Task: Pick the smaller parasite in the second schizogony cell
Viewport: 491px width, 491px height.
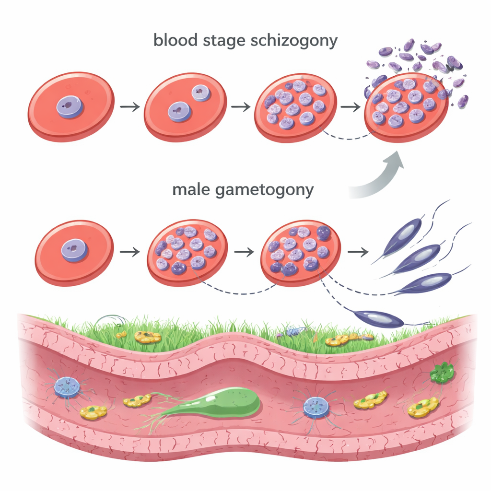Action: click(x=200, y=93)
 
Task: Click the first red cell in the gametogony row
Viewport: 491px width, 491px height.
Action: click(x=74, y=252)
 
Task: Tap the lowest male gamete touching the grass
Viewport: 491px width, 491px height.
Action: click(x=379, y=318)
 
